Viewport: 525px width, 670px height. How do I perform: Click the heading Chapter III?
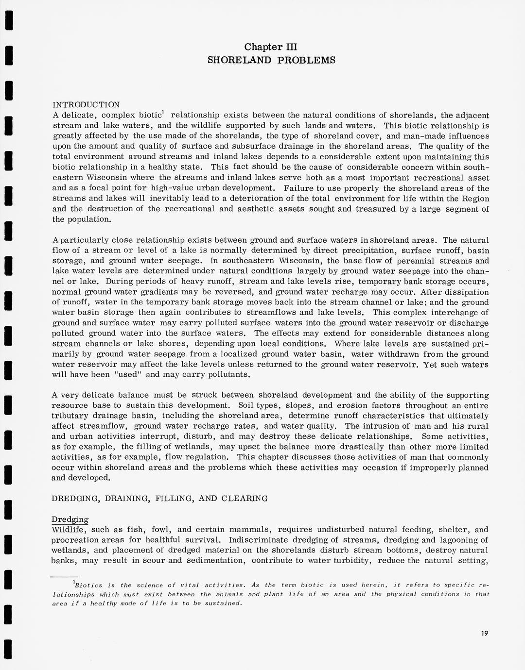click(x=271, y=47)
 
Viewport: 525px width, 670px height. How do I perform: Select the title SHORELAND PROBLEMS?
click(x=271, y=60)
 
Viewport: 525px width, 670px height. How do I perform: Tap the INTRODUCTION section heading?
click(x=86, y=105)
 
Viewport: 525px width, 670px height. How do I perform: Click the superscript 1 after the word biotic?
click(x=163, y=113)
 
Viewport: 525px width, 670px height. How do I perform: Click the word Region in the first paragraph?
click(x=475, y=199)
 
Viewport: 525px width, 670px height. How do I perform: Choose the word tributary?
click(x=70, y=416)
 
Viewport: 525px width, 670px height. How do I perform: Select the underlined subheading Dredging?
click(x=70, y=519)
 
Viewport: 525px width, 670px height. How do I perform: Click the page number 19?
click(x=483, y=633)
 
